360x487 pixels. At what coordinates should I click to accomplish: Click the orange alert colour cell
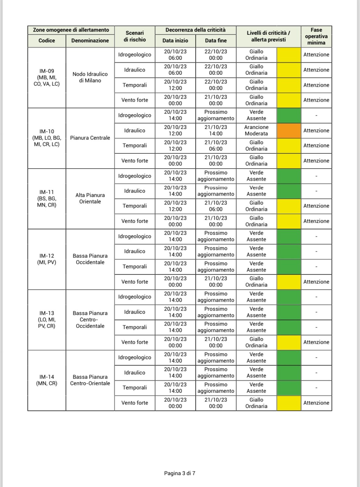[289, 131]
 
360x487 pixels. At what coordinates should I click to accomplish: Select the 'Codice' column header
[47, 41]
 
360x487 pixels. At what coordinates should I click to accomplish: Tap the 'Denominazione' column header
[90, 41]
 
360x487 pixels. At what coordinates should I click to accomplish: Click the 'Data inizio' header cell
[175, 41]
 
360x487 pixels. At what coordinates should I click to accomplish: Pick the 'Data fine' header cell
[216, 41]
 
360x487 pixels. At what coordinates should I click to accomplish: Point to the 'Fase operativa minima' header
[316, 36]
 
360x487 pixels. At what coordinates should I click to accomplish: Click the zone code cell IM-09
[47, 77]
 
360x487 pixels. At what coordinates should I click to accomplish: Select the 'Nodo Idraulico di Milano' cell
[90, 77]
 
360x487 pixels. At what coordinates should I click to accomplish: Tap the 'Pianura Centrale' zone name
[90, 138]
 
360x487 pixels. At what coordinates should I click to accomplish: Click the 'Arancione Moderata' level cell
[256, 131]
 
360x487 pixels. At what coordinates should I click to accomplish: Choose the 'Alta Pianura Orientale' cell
[90, 199]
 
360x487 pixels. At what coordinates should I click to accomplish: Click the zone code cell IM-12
[47, 259]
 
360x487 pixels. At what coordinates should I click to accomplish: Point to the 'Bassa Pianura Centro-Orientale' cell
[90, 380]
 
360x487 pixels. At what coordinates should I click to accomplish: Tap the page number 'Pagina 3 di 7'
[180, 473]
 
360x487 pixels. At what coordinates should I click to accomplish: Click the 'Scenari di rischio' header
[135, 36]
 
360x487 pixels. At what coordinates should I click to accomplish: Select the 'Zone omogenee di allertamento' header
[71, 30]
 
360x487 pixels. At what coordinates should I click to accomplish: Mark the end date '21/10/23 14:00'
[216, 131]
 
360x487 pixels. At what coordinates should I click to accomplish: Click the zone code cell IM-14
[47, 380]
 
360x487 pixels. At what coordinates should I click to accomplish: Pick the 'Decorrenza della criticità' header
[195, 30]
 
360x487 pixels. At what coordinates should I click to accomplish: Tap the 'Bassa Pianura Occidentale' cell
[90, 259]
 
